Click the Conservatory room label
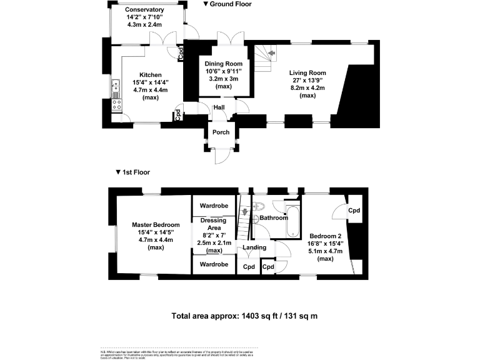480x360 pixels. [144, 10]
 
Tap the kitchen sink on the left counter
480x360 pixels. [115, 89]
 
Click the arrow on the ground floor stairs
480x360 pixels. [271, 54]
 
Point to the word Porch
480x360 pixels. [221, 132]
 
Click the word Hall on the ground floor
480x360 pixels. [219, 107]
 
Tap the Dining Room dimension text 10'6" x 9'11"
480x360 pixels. [224, 71]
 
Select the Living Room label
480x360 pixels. [307, 72]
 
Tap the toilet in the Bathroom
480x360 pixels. [261, 207]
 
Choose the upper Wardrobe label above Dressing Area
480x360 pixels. [214, 206]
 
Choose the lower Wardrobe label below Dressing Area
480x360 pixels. [214, 264]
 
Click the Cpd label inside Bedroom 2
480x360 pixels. [354, 211]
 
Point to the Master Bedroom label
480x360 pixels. [156, 225]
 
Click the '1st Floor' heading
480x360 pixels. [136, 172]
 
